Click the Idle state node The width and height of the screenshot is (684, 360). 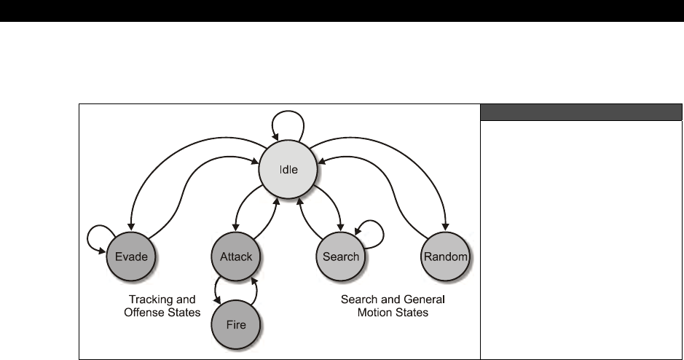point(289,169)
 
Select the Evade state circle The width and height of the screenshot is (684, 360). point(132,256)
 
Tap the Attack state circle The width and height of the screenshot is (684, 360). point(236,256)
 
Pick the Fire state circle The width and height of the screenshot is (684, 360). point(236,326)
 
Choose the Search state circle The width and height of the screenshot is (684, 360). point(340,256)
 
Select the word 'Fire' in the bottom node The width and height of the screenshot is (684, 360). point(236,326)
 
